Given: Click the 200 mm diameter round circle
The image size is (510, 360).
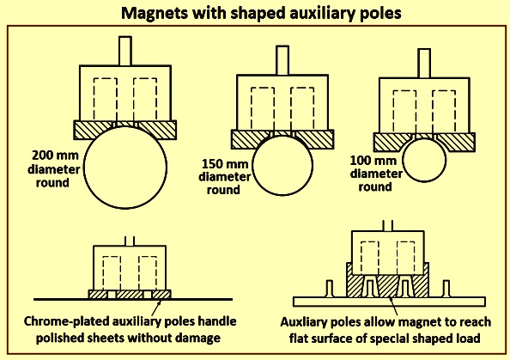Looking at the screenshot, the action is point(84,168).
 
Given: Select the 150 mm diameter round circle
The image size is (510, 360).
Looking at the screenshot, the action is point(252,165).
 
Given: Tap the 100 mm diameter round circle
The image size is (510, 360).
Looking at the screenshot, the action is point(403,160).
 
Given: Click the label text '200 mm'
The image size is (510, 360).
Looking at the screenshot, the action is point(55,156).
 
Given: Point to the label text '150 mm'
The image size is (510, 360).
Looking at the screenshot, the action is point(225,163).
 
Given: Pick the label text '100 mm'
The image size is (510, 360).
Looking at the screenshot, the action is point(373,161).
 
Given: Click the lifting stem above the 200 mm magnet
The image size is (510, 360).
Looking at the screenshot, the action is point(125,51).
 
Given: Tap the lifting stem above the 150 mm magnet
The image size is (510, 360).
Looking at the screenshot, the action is point(282,60).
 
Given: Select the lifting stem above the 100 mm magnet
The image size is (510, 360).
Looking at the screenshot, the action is point(424,64).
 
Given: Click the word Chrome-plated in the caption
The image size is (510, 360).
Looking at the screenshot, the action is point(66,321).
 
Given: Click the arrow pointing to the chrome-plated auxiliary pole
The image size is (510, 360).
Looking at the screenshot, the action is point(156,308).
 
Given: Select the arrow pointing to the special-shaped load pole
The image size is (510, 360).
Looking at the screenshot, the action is point(393,306).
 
